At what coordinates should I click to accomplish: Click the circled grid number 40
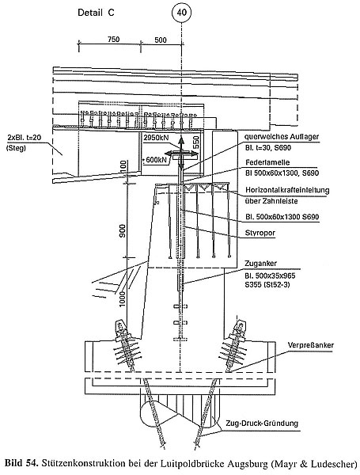coord(181,13)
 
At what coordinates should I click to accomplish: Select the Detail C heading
coord(96,13)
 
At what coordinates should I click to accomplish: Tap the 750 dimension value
coord(114,39)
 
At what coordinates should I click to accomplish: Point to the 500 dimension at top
coord(161,40)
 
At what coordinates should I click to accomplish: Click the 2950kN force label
coord(156,138)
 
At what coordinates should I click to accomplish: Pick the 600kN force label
coord(156,159)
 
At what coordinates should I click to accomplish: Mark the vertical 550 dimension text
coord(196,142)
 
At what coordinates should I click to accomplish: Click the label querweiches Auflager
coord(282,137)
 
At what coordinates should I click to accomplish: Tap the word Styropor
coord(260,233)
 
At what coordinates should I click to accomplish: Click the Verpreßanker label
coord(311,345)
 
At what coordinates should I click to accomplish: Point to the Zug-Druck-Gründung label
coord(262,424)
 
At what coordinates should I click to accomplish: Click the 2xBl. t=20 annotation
coord(25,138)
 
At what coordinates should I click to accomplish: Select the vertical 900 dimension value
coord(123,231)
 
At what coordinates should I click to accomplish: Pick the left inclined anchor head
coord(121,328)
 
